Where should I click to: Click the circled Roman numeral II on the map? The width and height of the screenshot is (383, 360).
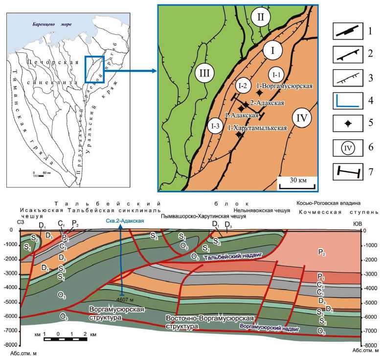click(261, 18)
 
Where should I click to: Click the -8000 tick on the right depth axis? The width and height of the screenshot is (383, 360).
click(370, 345)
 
